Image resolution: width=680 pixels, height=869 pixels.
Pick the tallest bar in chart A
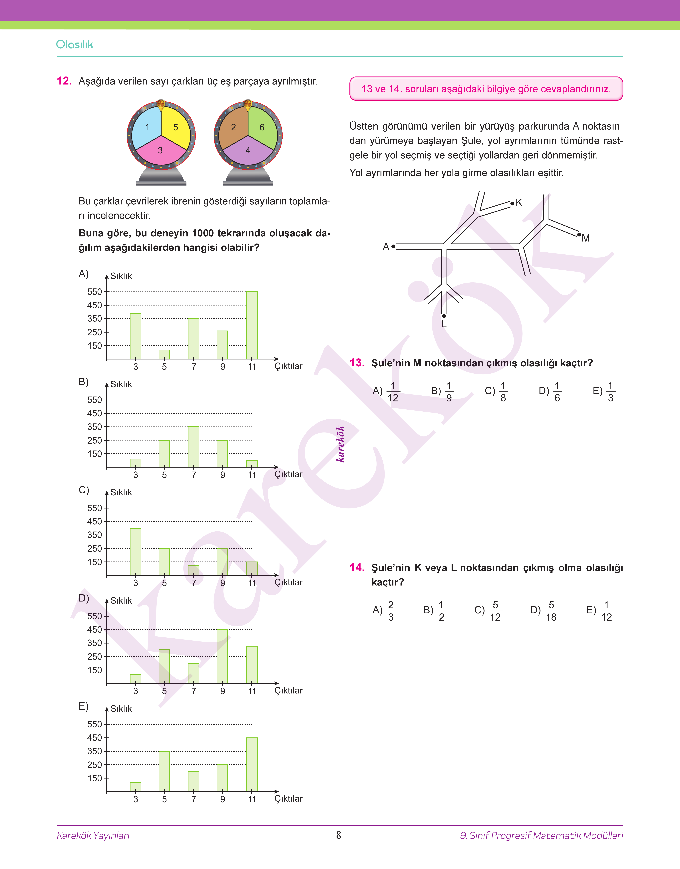[x=252, y=325]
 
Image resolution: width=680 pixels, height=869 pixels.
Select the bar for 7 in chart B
[x=194, y=447]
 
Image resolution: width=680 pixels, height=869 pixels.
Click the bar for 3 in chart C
[x=135, y=551]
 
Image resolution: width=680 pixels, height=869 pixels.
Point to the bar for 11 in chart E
[x=252, y=764]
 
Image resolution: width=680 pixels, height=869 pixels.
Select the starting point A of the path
[x=393, y=246]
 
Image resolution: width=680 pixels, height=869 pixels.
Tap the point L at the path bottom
[x=444, y=316]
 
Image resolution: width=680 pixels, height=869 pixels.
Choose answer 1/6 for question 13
[x=557, y=392]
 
